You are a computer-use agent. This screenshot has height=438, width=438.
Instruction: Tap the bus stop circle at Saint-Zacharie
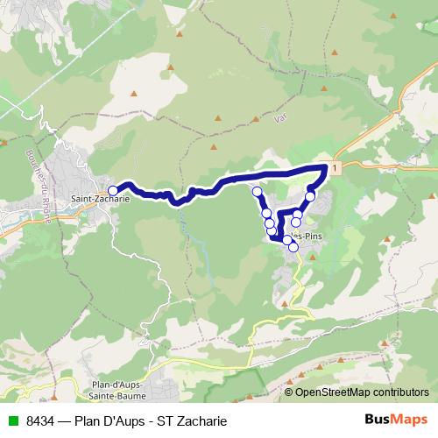112,190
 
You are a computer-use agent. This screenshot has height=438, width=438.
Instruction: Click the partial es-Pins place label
307,237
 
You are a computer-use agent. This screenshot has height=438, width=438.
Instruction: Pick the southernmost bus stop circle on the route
293,247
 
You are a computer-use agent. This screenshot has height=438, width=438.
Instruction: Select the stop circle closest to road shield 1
310,196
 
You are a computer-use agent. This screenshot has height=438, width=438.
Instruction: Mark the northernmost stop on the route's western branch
257,191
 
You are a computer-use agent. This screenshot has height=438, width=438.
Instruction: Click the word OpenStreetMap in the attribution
334,392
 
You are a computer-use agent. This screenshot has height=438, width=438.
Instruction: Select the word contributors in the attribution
401,392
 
